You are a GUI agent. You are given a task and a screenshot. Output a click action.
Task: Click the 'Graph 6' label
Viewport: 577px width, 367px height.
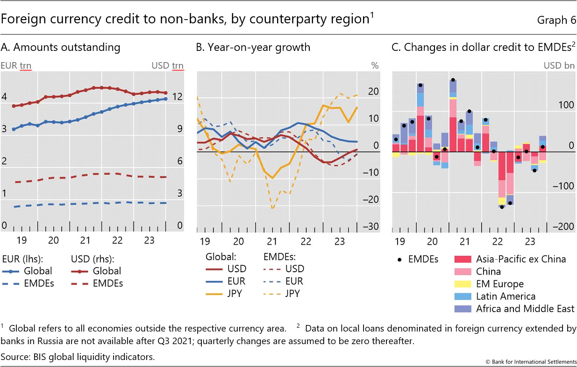tap(556, 20)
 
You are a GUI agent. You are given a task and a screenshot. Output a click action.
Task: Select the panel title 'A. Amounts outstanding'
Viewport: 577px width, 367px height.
tap(61, 47)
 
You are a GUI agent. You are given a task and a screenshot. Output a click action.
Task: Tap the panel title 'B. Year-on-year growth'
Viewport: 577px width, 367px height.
tap(253, 47)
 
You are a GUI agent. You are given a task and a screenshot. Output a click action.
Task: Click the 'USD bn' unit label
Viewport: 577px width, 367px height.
tap(559, 65)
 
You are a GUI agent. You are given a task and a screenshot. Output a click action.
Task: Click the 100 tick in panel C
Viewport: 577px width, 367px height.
tap(565, 105)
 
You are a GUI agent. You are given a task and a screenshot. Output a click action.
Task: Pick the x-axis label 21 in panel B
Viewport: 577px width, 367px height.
tap(272, 242)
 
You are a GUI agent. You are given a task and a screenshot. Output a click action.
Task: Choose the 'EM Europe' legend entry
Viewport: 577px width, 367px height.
tap(499, 284)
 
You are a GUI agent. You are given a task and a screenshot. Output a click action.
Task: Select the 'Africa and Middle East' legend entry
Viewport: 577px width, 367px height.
tap(525, 309)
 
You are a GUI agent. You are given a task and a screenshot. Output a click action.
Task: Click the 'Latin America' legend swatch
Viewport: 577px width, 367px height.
tap(463, 296)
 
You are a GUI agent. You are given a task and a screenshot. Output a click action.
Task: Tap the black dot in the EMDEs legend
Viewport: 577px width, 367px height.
tap(398, 259)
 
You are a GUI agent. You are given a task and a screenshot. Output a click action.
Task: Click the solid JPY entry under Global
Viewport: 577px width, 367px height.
tap(226, 294)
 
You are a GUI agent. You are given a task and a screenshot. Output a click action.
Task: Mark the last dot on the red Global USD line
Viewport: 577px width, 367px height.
tap(165, 93)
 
